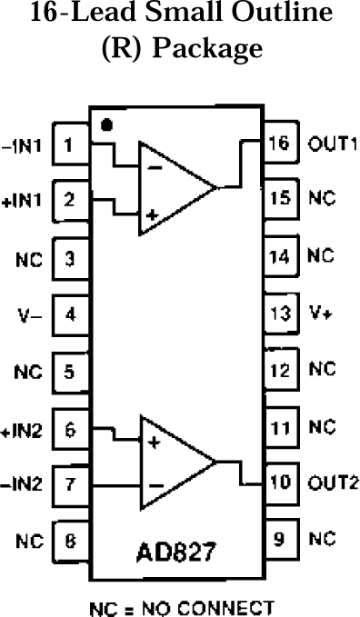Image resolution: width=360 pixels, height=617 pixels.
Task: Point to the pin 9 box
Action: click(x=280, y=539)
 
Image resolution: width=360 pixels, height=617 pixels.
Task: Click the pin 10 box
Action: click(x=280, y=482)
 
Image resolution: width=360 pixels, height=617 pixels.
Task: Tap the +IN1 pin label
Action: click(x=23, y=202)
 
